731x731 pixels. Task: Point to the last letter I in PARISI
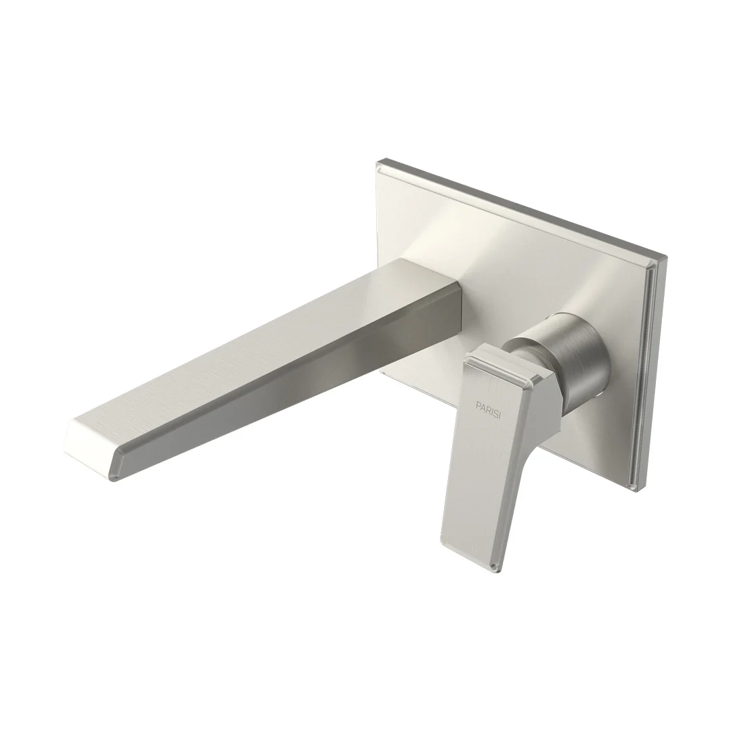click(500, 417)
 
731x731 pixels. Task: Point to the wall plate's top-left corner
click(378, 162)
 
